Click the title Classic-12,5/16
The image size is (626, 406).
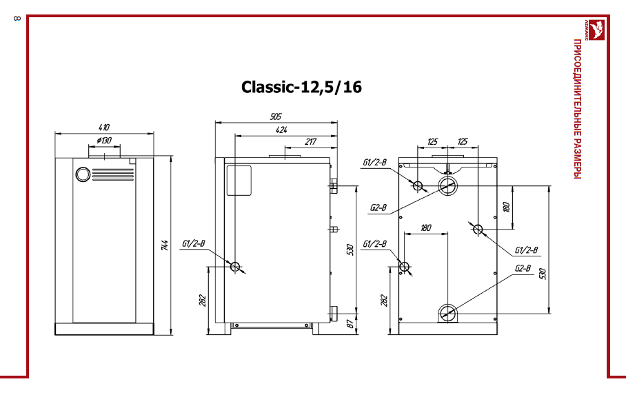point(301,87)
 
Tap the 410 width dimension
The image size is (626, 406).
point(104,128)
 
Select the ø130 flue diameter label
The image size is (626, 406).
point(104,141)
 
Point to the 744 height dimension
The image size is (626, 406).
point(165,245)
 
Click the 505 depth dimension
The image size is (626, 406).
point(276,116)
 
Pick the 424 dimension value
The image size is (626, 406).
point(281,130)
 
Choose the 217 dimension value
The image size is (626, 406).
point(311,141)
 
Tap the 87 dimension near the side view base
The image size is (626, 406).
point(350,324)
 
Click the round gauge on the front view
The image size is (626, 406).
point(83,174)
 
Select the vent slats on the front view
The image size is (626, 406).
point(113,174)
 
